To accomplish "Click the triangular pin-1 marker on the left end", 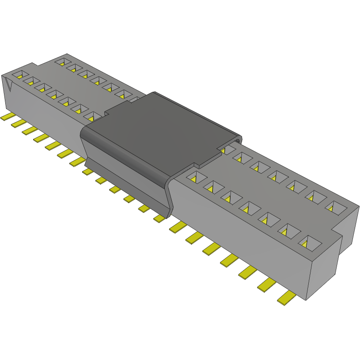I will point(8,83).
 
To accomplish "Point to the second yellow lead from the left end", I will point(18,123).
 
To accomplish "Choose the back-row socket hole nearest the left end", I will point(62,61).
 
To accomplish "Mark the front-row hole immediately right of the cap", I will point(194,178).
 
